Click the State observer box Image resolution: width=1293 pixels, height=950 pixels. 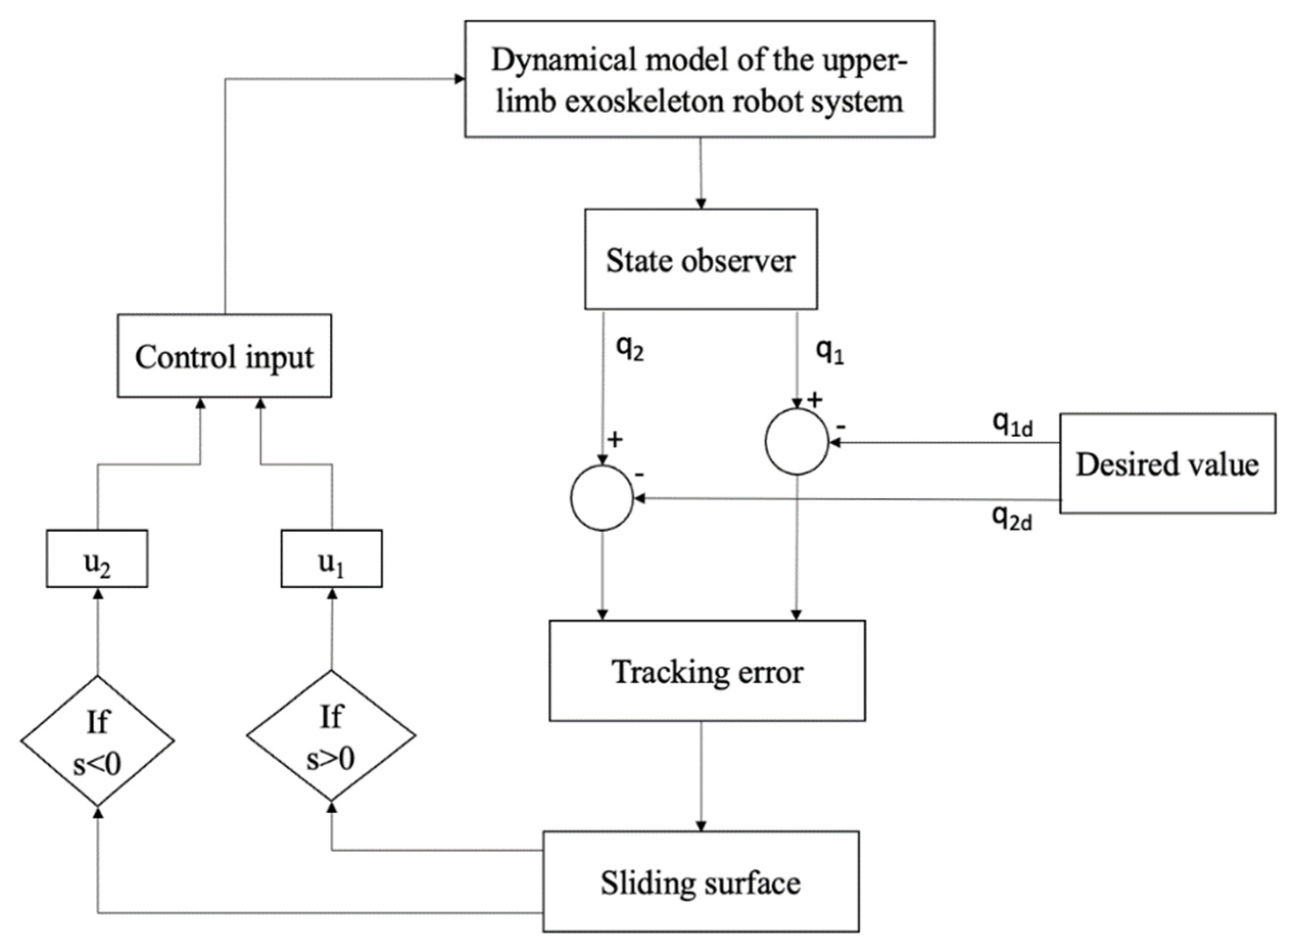(700, 259)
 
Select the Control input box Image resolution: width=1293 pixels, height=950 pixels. (224, 356)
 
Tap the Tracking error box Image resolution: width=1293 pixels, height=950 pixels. (707, 671)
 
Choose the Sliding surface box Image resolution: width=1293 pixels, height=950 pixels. (700, 882)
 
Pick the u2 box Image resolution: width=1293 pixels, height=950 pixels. (96, 559)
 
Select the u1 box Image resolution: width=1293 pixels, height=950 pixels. (331, 559)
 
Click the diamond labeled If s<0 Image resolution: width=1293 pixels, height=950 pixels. (97, 741)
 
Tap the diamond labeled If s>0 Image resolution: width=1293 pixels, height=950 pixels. (331, 736)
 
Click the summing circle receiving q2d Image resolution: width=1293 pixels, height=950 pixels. (602, 498)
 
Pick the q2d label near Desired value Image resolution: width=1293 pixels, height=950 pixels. (1012, 519)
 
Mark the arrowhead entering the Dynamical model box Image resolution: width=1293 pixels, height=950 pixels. (459, 79)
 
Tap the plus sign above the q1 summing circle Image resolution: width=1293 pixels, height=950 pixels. (815, 399)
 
